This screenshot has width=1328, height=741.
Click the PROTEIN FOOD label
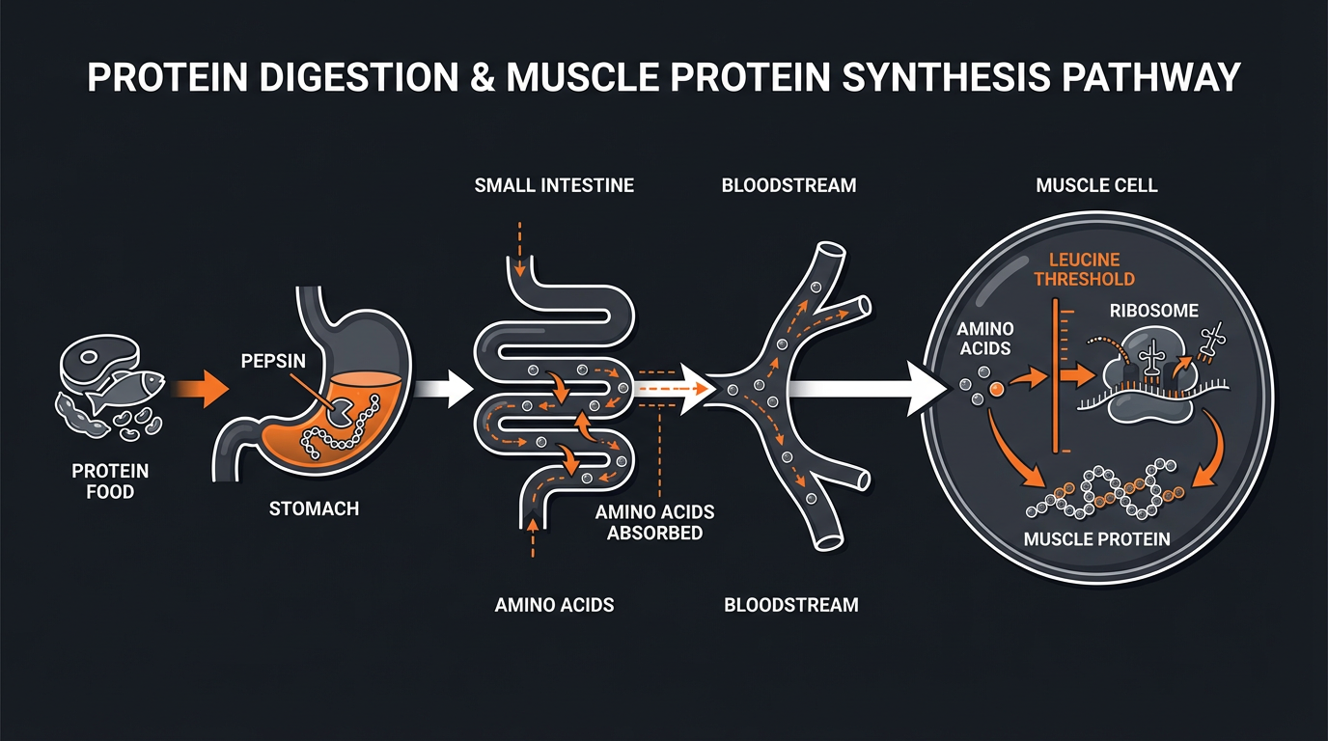(x=110, y=480)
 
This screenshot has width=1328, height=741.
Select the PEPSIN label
(x=274, y=361)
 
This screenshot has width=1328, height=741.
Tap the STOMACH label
(x=314, y=508)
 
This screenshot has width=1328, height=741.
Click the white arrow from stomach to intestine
(x=446, y=389)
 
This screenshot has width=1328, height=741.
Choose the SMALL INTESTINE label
(x=554, y=185)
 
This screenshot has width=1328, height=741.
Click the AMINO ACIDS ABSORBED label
(x=654, y=522)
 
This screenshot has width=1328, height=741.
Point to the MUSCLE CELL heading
(x=1096, y=185)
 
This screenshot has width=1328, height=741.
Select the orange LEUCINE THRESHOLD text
(x=1083, y=268)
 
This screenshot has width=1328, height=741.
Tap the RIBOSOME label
(x=1152, y=311)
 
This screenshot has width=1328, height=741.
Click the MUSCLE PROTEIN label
(x=1096, y=538)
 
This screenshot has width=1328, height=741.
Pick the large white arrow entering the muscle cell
(x=869, y=389)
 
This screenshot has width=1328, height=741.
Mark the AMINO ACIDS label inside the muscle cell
(x=984, y=338)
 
